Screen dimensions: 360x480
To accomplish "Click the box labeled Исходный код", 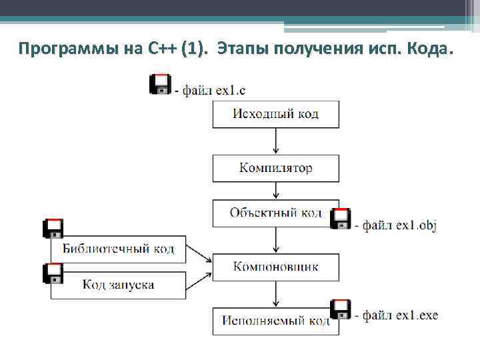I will click(275, 113).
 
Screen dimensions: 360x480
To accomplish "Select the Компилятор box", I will click(275, 168).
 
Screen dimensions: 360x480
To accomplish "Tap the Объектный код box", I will click(275, 213).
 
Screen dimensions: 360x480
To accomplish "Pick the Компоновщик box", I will click(275, 267).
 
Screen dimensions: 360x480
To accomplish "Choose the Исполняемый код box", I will click(275, 321).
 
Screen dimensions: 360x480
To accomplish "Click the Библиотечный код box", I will click(119, 249).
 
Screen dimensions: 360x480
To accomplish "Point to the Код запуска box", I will click(119, 285).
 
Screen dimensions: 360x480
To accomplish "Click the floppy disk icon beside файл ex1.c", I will click(160, 85).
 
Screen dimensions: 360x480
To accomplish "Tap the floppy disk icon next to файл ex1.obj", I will click(341, 219).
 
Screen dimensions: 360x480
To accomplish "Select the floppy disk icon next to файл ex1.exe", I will click(341, 310).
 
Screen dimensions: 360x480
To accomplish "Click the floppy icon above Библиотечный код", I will click(53, 229).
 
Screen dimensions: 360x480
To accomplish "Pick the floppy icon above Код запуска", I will click(53, 273).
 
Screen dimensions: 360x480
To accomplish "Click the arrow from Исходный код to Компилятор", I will click(275, 141).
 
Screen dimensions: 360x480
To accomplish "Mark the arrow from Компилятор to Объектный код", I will click(275, 191).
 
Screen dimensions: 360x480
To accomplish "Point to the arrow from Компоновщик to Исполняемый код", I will click(275, 294).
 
